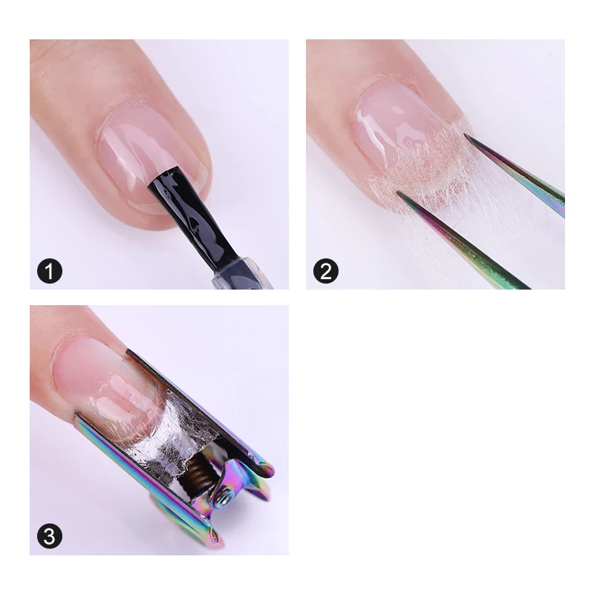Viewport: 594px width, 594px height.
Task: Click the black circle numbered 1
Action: [x=50, y=269]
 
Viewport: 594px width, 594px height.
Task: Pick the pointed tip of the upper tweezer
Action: [x=466, y=135]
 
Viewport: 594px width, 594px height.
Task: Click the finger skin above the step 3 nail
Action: [x=67, y=327]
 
